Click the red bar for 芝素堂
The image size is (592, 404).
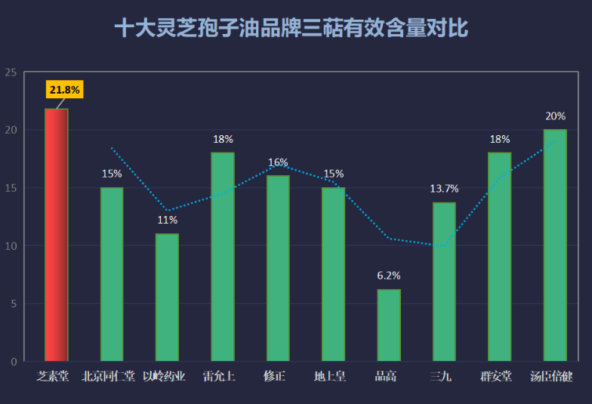(56, 235)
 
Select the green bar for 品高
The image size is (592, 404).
(389, 325)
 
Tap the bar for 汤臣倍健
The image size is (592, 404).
(555, 245)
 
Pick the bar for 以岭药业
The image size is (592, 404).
(168, 298)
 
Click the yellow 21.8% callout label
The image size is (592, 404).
(65, 90)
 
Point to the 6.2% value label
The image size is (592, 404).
(389, 276)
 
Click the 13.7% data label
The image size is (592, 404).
(444, 189)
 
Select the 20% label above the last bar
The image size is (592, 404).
(556, 116)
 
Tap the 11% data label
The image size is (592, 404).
(168, 220)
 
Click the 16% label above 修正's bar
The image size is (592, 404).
(278, 162)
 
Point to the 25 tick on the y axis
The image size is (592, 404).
(11, 72)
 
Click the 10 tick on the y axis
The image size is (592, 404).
(11, 246)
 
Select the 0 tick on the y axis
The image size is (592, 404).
(14, 362)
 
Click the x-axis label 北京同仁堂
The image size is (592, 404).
(109, 376)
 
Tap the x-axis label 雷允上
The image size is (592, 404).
(219, 376)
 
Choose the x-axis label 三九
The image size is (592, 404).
(441, 376)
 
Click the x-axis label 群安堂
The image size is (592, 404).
(496, 376)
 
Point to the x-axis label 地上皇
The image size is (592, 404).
(330, 376)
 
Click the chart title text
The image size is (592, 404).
(291, 28)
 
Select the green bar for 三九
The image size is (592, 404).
(444, 282)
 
